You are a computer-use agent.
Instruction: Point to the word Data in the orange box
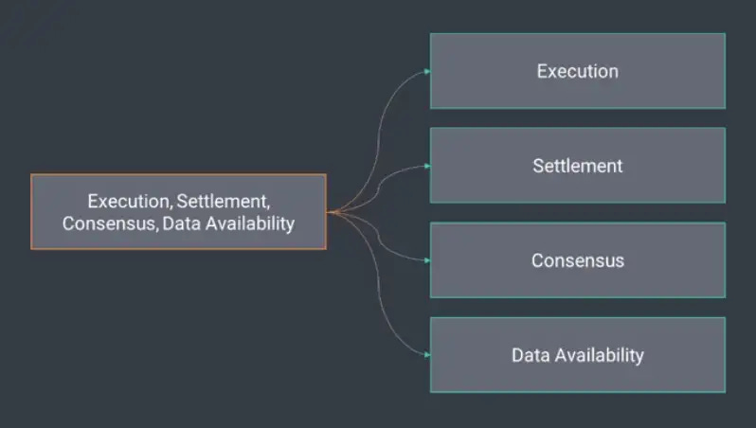181,223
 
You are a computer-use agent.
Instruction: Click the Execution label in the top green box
577,71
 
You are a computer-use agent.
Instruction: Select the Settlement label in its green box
577,166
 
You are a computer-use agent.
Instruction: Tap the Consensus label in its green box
577,260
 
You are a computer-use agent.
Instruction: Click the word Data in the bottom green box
531,355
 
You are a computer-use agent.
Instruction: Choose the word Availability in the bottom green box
600,355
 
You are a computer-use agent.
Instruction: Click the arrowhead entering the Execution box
427,71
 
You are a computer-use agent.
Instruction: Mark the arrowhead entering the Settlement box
427,166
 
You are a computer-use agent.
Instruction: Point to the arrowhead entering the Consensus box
427,260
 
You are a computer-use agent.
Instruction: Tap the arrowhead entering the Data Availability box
427,355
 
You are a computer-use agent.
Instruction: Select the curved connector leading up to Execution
380,123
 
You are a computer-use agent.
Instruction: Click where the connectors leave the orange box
331,212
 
